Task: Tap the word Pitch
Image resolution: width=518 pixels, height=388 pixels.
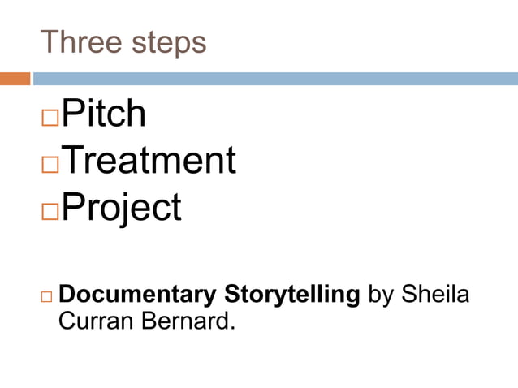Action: (x=104, y=114)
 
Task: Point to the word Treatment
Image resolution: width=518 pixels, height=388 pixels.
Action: (x=149, y=161)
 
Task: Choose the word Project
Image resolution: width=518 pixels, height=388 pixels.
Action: (x=121, y=208)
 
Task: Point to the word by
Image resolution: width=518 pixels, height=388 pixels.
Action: (x=380, y=295)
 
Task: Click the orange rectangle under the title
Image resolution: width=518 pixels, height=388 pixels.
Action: (x=15, y=79)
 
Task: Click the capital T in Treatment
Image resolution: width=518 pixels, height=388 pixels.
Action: (x=72, y=161)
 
